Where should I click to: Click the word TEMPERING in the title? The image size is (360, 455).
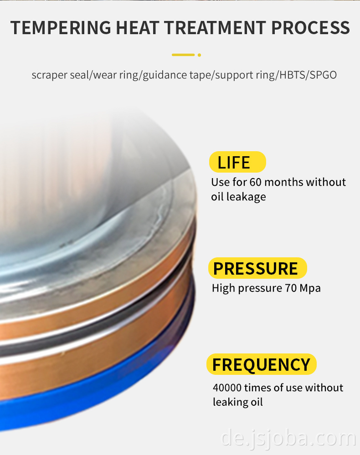tap(61, 28)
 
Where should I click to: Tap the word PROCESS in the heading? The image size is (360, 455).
tap(310, 28)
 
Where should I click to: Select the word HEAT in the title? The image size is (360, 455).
tap(138, 28)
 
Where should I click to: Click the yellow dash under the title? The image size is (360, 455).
tap(183, 55)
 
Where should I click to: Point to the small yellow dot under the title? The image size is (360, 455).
tap(200, 55)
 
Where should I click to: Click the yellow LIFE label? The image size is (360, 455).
tap(237, 162)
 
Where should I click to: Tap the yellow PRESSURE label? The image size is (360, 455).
tap(257, 268)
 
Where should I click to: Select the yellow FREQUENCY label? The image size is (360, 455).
tap(261, 364)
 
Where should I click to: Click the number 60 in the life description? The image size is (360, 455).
tap(256, 182)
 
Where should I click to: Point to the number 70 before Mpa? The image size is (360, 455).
tap(291, 288)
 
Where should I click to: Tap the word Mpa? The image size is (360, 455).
tap(310, 288)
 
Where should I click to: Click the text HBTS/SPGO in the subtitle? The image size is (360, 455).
tap(308, 75)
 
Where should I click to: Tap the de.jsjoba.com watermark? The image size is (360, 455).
tap(288, 439)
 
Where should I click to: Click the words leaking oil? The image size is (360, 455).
tap(238, 402)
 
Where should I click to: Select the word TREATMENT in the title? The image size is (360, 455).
tap(215, 28)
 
